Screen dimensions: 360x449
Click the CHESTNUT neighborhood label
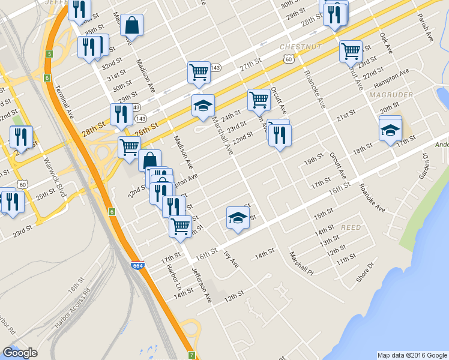[301, 46]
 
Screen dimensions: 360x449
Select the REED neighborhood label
[351, 228]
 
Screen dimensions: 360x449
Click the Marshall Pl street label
[301, 262]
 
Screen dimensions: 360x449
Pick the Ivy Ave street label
[231, 259]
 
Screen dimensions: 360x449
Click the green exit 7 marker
[191, 355]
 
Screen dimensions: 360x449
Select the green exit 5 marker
[48, 54]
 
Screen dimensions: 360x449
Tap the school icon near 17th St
[390, 129]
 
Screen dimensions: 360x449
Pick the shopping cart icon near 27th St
[199, 73]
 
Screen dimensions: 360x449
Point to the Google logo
[20, 353]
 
